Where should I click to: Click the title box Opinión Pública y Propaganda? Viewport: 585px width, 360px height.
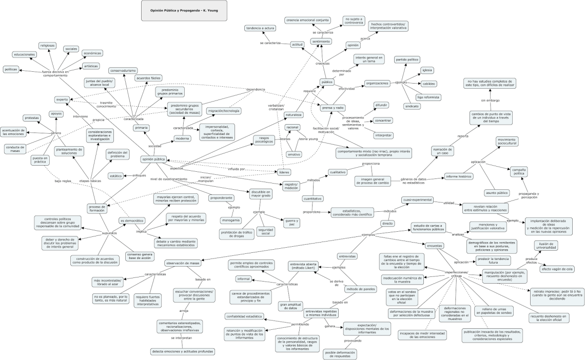tap(184, 10)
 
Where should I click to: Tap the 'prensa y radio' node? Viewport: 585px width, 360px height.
tap(333, 108)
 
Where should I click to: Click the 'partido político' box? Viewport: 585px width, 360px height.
tap(407, 59)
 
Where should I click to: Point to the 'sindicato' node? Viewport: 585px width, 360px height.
tap(412, 106)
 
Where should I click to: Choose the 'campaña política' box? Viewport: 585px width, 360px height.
tap(519, 171)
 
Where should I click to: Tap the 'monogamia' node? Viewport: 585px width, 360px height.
tap(230, 220)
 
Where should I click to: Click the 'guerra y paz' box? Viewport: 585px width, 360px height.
tap(291, 222)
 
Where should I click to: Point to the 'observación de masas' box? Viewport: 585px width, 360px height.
tap(182, 263)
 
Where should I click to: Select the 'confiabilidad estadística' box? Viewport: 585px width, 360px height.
tap(244, 316)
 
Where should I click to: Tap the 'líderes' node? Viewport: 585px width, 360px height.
tap(283, 172)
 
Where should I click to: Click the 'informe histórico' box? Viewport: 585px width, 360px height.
tap(458, 176)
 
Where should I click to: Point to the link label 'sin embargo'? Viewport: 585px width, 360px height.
tap(490, 100)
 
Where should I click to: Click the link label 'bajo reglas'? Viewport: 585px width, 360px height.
tap(63, 181)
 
